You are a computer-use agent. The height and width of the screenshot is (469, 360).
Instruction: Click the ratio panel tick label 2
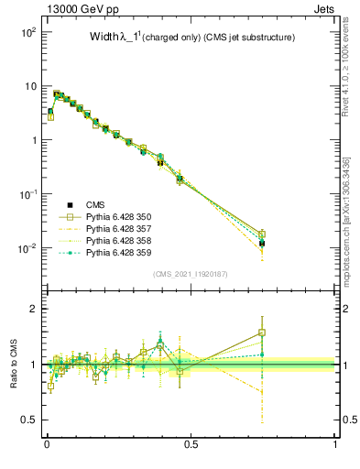tap(33, 309)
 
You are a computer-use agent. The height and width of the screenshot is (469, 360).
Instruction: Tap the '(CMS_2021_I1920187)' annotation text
tap(191, 274)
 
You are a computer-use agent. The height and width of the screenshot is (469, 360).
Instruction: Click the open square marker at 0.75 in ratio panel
tap(263, 333)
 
